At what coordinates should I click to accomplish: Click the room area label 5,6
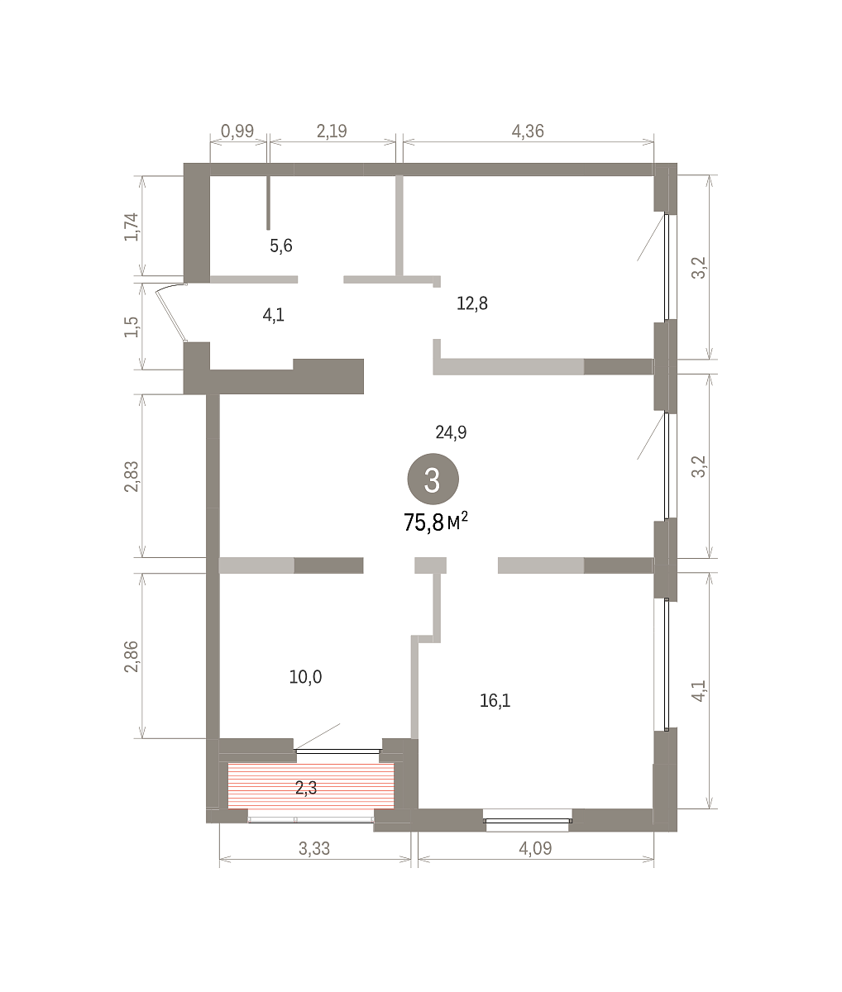pyautogui.click(x=281, y=246)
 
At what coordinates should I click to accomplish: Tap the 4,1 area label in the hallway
pyautogui.click(x=273, y=315)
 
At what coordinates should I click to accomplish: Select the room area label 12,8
pyautogui.click(x=472, y=303)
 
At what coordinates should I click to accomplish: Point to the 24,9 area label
pyautogui.click(x=451, y=432)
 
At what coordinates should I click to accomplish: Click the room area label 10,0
pyautogui.click(x=305, y=677)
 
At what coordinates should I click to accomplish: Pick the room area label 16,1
pyautogui.click(x=495, y=701)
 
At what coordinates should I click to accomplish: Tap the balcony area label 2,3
pyautogui.click(x=306, y=788)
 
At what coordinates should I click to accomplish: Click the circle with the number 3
pyautogui.click(x=433, y=479)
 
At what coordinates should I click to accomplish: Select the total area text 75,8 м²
pyautogui.click(x=436, y=522)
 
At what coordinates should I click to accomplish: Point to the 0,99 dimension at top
pyautogui.click(x=237, y=131)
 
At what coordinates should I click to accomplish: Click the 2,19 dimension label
pyautogui.click(x=332, y=131)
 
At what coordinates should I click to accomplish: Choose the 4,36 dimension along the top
pyautogui.click(x=528, y=131)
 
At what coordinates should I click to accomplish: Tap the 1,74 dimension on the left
pyautogui.click(x=132, y=227)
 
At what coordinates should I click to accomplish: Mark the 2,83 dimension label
pyautogui.click(x=132, y=476)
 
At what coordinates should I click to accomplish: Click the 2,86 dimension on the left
pyautogui.click(x=132, y=656)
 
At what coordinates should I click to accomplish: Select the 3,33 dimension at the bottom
pyautogui.click(x=314, y=848)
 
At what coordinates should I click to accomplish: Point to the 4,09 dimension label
pyautogui.click(x=535, y=848)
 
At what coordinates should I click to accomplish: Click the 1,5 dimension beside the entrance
pyautogui.click(x=132, y=327)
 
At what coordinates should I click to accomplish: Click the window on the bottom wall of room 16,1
pyautogui.click(x=529, y=820)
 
